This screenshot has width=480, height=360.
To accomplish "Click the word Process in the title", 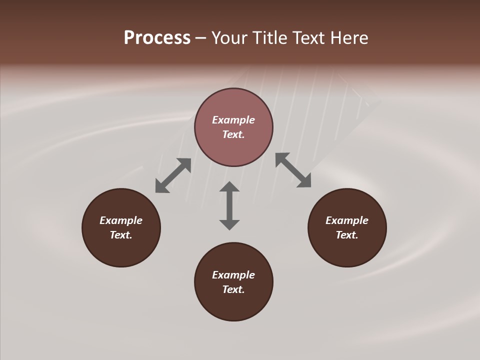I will click(x=157, y=38).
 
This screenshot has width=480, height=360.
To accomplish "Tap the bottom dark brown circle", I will click(x=233, y=305).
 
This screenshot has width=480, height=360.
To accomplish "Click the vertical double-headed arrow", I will click(x=229, y=205).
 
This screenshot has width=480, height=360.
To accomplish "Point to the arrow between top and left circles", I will click(x=173, y=175).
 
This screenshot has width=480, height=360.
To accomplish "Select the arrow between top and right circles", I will click(x=293, y=170).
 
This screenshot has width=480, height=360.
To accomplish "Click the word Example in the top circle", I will click(x=233, y=120).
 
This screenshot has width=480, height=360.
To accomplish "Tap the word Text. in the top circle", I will click(x=233, y=134).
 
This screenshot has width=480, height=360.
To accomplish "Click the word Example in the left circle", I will click(x=121, y=220).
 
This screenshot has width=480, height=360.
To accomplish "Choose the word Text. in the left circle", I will click(x=121, y=235).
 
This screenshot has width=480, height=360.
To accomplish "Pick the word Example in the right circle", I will click(x=347, y=220).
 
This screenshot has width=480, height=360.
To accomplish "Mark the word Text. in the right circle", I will click(x=347, y=235).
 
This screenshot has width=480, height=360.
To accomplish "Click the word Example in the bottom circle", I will click(x=233, y=275).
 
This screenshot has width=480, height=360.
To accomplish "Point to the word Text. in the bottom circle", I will click(x=233, y=289).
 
